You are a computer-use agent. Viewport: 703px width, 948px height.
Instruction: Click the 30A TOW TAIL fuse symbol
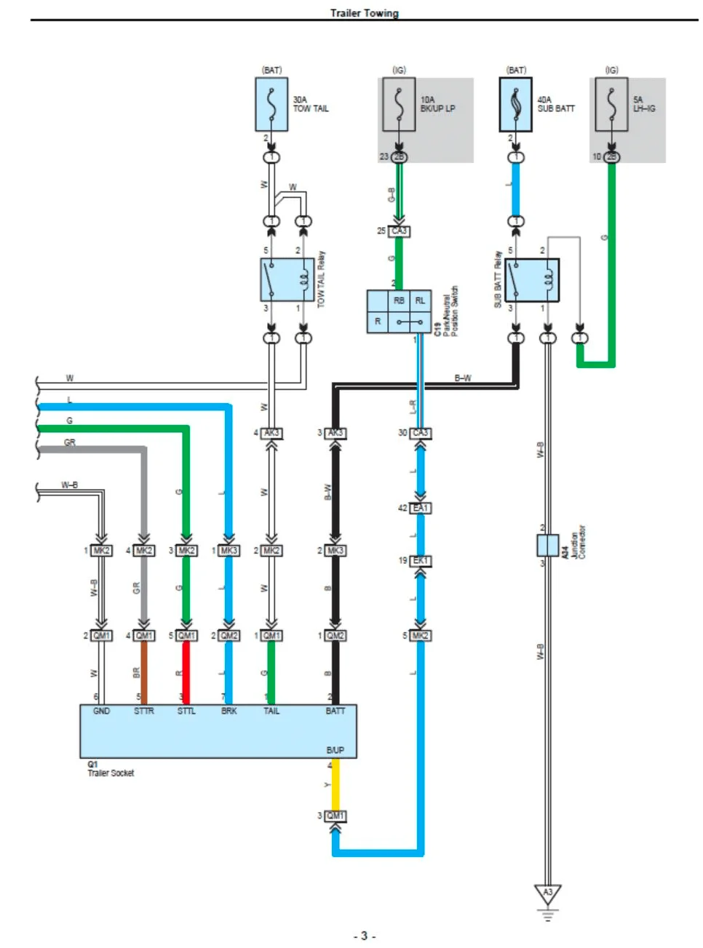[271, 105]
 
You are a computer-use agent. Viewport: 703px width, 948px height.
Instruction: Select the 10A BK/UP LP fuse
[399, 105]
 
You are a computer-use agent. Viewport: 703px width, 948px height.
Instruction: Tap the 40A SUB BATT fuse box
[516, 105]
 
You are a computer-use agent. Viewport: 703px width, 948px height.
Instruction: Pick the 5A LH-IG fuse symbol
[611, 105]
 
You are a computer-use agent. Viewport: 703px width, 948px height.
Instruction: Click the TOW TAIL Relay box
[287, 279]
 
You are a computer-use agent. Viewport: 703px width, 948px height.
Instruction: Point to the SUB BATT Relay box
[532, 280]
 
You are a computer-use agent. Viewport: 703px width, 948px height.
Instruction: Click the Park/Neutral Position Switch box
[399, 311]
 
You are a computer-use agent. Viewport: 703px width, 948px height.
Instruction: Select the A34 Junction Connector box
[547, 545]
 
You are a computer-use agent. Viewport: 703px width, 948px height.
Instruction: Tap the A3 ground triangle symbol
[547, 893]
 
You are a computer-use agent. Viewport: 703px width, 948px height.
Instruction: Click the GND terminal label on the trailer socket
[101, 711]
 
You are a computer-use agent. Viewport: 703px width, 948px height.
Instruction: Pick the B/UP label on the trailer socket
[335, 750]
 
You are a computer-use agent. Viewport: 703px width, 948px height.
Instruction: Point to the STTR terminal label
[143, 711]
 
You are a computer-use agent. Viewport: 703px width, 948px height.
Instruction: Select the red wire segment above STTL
[186, 673]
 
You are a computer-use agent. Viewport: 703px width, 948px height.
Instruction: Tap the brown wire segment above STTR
[144, 673]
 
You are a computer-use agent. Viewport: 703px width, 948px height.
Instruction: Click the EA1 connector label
[421, 508]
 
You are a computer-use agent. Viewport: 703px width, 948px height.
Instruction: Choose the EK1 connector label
[421, 561]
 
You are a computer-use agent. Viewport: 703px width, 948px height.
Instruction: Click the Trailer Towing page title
[364, 13]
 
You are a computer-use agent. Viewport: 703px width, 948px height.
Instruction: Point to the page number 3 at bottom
[364, 936]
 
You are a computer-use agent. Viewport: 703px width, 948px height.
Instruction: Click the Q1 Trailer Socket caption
[111, 769]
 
